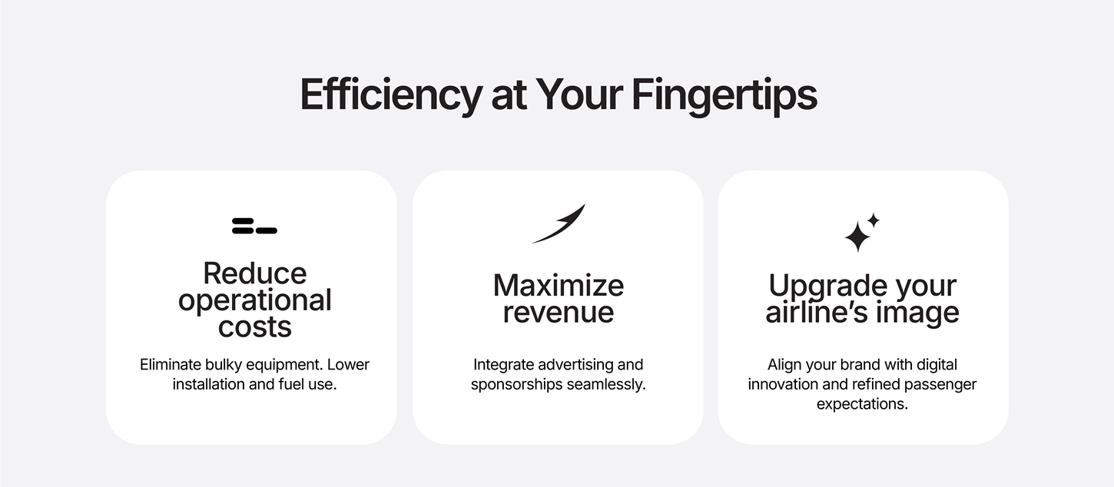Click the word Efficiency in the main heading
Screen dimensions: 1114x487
coord(391,94)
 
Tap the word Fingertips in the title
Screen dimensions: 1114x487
coord(724,94)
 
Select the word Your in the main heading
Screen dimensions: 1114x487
coord(579,94)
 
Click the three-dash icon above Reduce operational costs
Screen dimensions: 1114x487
coord(254,226)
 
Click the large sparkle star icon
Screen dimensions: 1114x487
coord(858,237)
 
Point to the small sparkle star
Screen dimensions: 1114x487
coord(874,220)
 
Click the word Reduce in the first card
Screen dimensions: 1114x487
coord(254,273)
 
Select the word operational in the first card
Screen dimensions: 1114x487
coord(254,301)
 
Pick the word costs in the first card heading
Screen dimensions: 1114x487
coord(254,327)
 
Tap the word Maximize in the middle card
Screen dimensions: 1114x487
coord(559,285)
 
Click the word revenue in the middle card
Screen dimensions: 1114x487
coord(559,313)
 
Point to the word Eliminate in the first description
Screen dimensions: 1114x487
coord(171,365)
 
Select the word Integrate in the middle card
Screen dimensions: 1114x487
coord(503,365)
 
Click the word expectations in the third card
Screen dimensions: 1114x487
coord(862,404)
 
